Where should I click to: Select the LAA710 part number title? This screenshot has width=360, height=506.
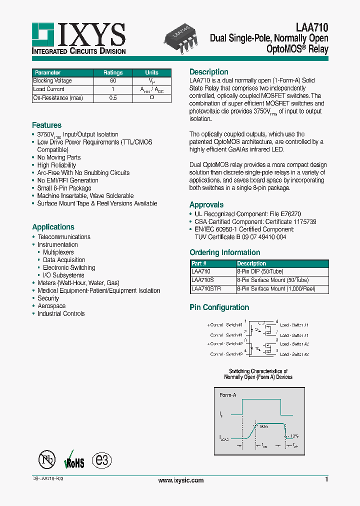(312, 28)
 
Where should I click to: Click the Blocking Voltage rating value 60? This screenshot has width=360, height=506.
(113, 80)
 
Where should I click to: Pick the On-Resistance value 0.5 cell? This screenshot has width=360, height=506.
(113, 98)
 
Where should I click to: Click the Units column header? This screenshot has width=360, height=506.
(151, 72)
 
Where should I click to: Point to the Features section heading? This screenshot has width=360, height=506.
(46, 125)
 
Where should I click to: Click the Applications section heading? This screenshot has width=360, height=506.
(53, 226)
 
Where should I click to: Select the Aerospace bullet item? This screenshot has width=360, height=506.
(51, 306)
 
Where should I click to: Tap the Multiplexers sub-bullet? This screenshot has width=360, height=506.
(58, 252)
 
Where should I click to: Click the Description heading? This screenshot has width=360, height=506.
(208, 71)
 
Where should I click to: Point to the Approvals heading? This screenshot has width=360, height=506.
(206, 204)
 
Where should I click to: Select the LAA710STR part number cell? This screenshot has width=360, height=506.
(206, 289)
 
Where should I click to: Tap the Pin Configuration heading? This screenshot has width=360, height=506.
(219, 307)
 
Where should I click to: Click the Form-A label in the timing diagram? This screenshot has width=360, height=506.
(228, 395)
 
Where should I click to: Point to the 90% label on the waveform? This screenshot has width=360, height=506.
(263, 427)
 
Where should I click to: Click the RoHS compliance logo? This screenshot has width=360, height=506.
(74, 461)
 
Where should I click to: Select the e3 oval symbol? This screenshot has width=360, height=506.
(102, 460)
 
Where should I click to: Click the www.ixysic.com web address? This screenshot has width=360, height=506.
(181, 480)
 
